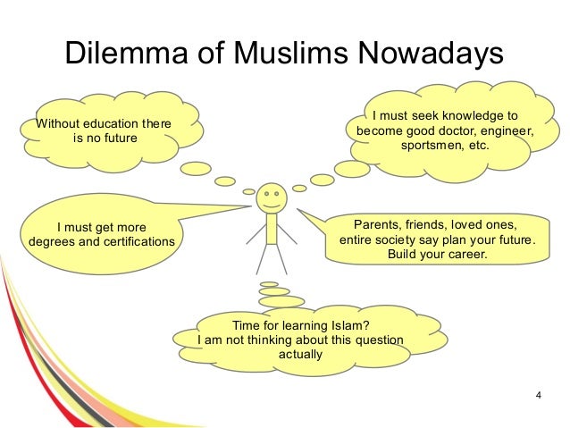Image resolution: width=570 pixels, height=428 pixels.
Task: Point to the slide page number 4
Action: (x=538, y=393)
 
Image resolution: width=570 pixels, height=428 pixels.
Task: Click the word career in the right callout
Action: (x=467, y=255)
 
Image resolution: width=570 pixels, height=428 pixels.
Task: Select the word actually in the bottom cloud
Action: (x=302, y=356)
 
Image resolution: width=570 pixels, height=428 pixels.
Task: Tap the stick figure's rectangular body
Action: (x=270, y=228)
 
